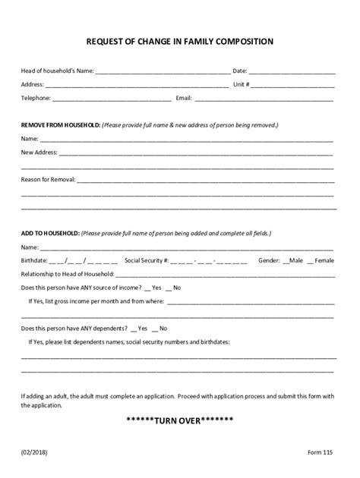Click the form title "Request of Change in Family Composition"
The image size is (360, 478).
[180, 42]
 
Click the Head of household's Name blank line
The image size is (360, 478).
[162, 72]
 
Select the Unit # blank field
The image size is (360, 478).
[293, 85]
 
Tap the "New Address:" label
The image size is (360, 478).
[39, 153]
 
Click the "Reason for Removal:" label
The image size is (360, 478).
[47, 180]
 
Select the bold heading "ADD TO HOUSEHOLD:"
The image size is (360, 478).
[49, 234]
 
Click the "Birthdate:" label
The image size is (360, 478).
[35, 260]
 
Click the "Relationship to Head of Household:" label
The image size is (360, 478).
[68, 274]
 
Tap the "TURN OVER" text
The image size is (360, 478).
[180, 421]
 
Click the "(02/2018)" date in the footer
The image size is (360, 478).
[34, 451]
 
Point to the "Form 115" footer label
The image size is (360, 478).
[320, 451]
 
